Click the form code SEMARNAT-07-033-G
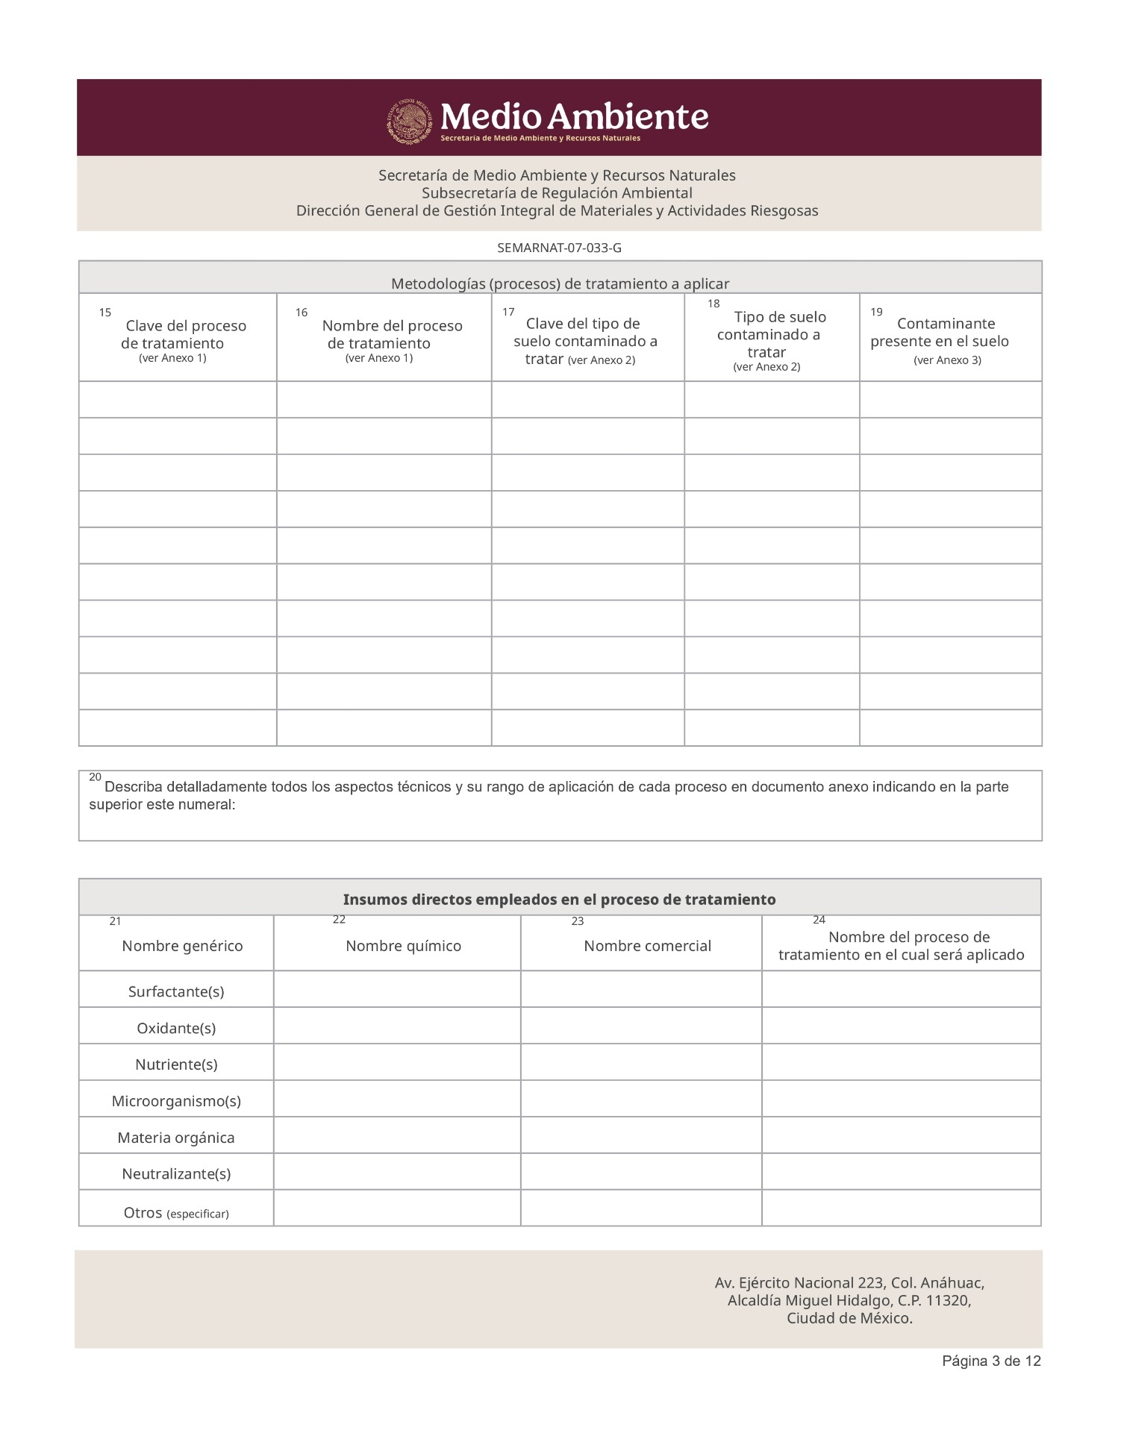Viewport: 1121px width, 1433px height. (x=559, y=248)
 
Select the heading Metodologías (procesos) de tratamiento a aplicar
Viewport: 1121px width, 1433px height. (x=560, y=283)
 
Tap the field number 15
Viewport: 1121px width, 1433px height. (x=105, y=313)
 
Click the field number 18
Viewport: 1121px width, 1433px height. (x=713, y=304)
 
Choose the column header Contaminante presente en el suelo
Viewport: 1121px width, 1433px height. (x=945, y=333)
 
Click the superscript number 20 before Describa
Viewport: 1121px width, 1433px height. (x=95, y=777)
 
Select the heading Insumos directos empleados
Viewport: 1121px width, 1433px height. (x=559, y=900)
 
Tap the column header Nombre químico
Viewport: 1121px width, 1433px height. (x=403, y=946)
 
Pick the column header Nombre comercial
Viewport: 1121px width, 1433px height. (x=647, y=946)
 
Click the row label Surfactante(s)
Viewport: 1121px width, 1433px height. (x=176, y=991)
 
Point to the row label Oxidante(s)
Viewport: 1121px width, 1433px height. (x=176, y=1028)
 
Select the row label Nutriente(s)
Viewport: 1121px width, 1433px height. (x=176, y=1064)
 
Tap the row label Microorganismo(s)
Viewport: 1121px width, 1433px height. (x=176, y=1101)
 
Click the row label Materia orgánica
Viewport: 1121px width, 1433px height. (x=176, y=1138)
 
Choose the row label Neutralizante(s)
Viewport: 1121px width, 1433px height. (x=176, y=1173)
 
